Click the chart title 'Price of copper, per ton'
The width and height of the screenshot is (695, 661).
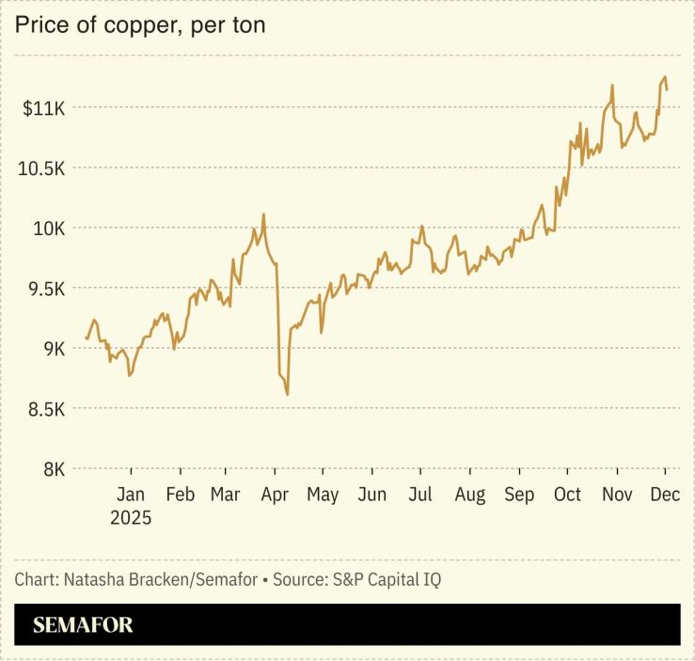[139, 25]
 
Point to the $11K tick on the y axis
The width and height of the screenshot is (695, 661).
[43, 109]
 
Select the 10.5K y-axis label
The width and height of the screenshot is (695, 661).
[40, 169]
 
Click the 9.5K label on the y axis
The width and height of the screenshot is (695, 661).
[44, 290]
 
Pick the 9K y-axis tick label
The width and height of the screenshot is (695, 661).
[51, 350]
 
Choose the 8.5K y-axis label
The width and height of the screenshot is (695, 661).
[44, 410]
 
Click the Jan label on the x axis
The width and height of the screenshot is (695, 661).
[131, 496]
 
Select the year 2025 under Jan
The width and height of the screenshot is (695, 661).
[131, 518]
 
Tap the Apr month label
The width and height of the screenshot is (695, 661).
[275, 496]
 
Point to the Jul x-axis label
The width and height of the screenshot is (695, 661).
[420, 496]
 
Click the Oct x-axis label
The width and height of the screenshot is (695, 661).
[567, 496]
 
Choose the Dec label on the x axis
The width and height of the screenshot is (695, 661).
[665, 496]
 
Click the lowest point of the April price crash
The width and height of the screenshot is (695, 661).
[287, 394]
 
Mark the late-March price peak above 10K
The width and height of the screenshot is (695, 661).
[263, 214]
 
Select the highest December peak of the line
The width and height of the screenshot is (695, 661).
[665, 77]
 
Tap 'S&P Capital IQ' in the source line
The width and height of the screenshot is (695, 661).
[387, 580]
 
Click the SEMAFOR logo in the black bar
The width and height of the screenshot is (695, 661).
[83, 625]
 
